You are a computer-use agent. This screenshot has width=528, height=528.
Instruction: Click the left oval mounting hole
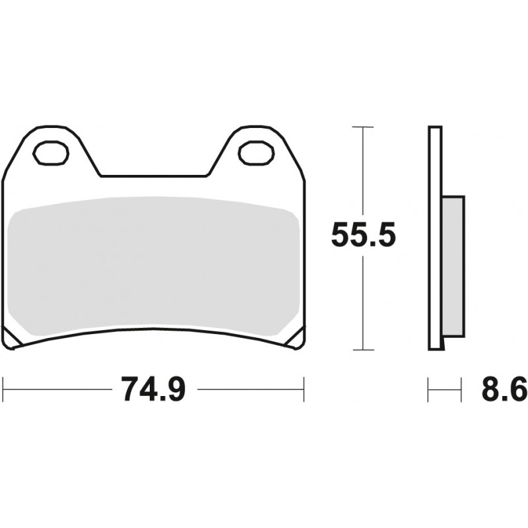[x=51, y=153]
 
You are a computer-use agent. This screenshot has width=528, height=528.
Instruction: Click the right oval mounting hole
[x=255, y=153]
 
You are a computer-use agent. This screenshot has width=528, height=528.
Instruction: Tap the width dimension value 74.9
[x=154, y=390]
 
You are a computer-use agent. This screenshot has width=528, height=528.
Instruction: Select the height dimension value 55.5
[x=362, y=235]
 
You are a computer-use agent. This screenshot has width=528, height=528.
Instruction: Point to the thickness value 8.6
[x=504, y=390]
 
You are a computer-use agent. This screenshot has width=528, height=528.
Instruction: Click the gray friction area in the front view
[x=155, y=264]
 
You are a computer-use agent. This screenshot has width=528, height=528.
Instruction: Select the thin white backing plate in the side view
[x=435, y=238]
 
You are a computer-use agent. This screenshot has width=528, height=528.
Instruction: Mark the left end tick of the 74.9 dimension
[x=4, y=389]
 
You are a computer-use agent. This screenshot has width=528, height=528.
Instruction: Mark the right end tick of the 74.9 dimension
[x=304, y=389]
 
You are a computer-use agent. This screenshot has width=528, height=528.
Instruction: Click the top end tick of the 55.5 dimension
[x=362, y=126]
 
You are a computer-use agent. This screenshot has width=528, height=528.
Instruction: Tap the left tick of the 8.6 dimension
[x=429, y=389]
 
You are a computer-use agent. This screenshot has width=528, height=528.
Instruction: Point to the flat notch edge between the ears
[x=153, y=176]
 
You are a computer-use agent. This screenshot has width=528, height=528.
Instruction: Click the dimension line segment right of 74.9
[x=251, y=389]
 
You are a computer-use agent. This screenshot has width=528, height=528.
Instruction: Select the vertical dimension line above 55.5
[x=362, y=172]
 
